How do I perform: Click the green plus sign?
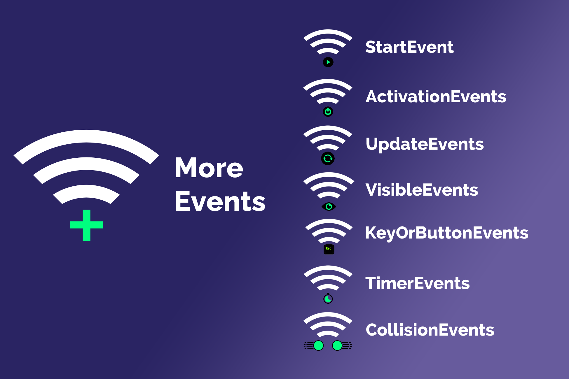(x=86, y=225)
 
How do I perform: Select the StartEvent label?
(x=409, y=47)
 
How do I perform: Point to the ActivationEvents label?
(x=436, y=96)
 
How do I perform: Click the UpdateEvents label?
(x=425, y=144)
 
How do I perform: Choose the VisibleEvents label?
(x=422, y=190)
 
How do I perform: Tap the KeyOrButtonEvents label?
(x=447, y=233)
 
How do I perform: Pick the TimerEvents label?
(x=418, y=283)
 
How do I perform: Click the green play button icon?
(x=328, y=62)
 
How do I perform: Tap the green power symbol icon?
(x=328, y=112)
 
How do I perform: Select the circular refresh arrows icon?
(x=328, y=158)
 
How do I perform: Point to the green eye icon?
(x=329, y=207)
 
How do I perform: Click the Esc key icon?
(x=329, y=249)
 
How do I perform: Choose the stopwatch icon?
(x=328, y=299)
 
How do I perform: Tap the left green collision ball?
(x=318, y=346)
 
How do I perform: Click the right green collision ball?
(x=337, y=346)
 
